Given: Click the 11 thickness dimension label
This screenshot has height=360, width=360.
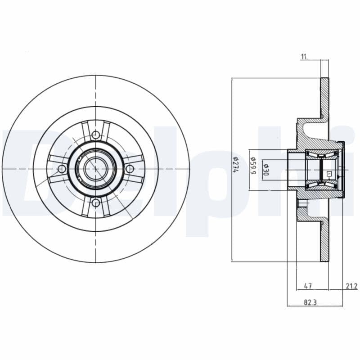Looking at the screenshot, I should coord(304,56).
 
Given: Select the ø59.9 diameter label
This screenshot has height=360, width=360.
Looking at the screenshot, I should coord(253,166).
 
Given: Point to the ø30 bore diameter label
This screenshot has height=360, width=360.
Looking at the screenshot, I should coord(266,167).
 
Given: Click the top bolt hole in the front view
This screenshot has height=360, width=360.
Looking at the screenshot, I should coord(95,134).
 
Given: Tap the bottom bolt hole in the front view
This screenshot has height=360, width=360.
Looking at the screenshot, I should coord(95,203).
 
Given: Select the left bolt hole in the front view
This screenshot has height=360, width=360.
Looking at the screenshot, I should coord(62,169).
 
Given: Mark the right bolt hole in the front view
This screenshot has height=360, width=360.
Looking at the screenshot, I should coord(130,169).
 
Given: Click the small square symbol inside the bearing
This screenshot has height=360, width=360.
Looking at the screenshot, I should coord(328,173).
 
